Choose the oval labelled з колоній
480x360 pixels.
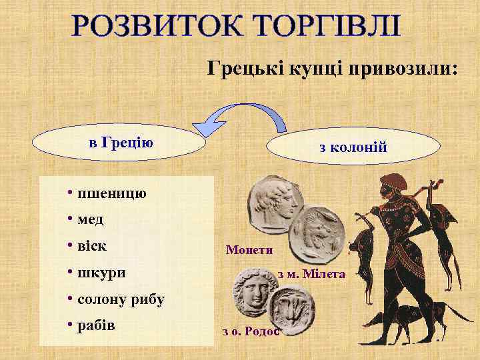tap(353, 147)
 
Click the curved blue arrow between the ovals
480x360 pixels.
tap(243, 113)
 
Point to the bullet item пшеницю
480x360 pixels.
tap(107, 194)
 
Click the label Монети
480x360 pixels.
tap(249, 250)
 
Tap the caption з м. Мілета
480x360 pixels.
tap(311, 274)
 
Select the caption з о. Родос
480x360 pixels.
tap(251, 331)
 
